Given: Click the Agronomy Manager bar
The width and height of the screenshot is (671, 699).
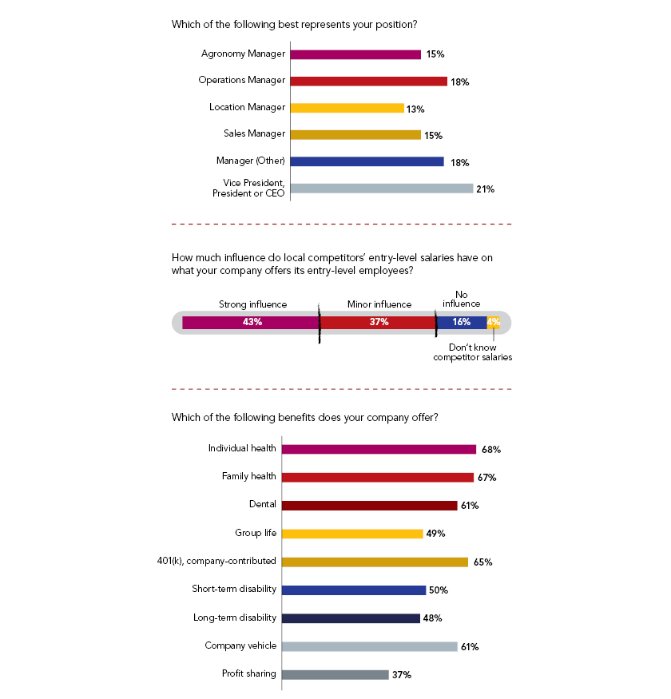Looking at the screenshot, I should [x=355, y=55].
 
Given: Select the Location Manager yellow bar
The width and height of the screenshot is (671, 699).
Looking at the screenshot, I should [x=347, y=108].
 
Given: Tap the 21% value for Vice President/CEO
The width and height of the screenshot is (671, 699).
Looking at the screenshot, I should [x=486, y=189].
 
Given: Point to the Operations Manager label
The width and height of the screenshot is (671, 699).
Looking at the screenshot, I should [x=241, y=81].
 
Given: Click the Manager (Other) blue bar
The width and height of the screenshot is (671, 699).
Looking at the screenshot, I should [x=367, y=161].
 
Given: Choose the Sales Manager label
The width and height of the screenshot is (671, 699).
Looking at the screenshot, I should [x=254, y=133].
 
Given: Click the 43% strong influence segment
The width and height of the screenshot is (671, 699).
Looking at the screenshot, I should [x=251, y=322].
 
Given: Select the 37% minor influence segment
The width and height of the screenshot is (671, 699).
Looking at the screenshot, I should [x=378, y=322].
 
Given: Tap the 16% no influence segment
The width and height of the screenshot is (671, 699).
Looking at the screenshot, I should [x=462, y=322].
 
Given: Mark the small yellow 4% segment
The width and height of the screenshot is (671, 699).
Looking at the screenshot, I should [x=494, y=322].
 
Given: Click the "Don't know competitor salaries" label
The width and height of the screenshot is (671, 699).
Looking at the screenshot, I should [x=472, y=352].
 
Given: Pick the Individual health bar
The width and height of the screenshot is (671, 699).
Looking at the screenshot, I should [x=379, y=450].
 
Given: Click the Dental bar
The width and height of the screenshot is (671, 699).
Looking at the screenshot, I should [x=369, y=506].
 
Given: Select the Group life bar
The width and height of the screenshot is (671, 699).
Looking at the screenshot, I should [x=352, y=534].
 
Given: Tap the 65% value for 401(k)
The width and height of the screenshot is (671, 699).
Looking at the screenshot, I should [x=482, y=562].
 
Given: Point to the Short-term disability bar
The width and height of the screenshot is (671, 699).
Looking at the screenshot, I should [x=353, y=590].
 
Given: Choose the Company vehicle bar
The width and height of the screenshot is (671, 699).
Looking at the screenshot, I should [x=369, y=646].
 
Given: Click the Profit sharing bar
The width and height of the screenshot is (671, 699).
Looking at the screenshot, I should [x=335, y=674].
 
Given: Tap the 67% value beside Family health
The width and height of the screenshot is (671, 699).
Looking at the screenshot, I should [x=487, y=478].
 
